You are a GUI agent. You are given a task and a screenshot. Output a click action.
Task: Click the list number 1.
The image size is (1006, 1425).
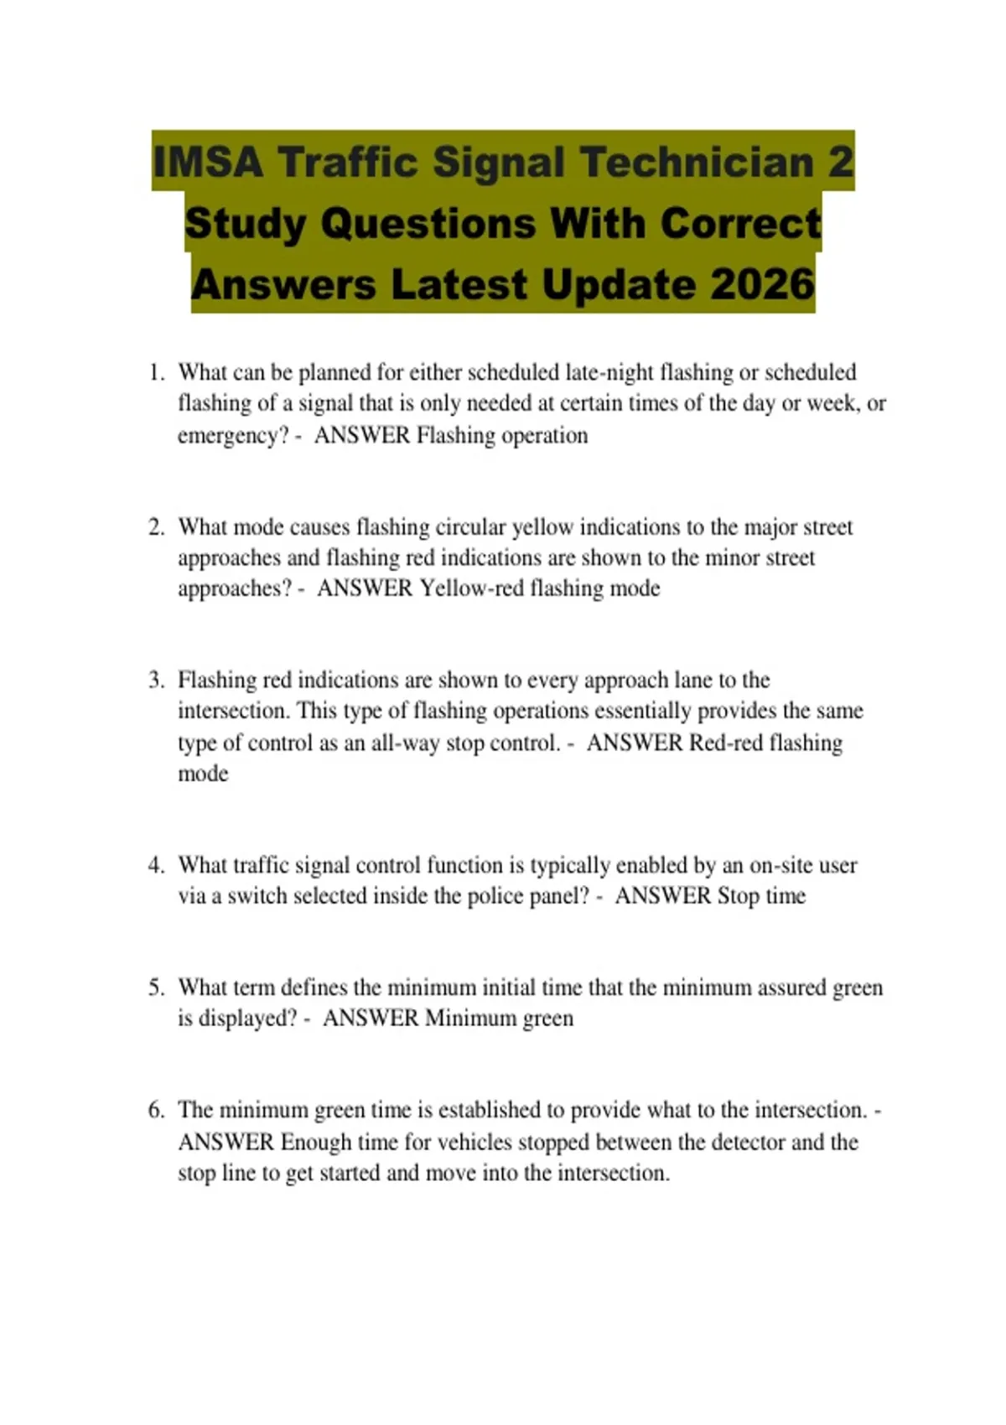coord(156,372)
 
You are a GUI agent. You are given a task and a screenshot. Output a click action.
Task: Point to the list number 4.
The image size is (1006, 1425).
coord(156,865)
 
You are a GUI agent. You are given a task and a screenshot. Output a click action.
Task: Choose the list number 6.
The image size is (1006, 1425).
coord(156,1110)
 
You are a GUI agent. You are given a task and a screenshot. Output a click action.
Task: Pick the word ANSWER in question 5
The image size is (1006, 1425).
coord(371,1018)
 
